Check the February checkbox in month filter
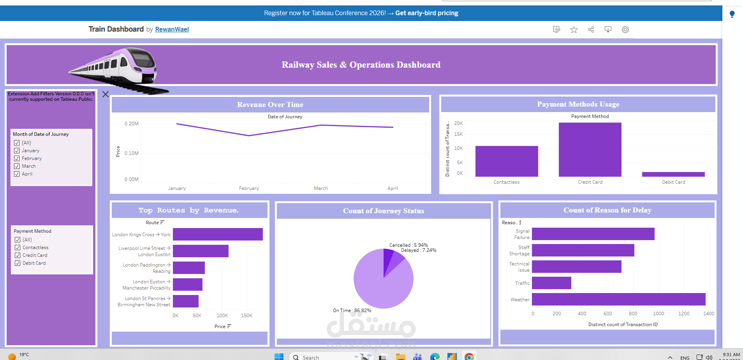(x=17, y=158)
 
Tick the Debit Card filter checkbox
(x=18, y=263)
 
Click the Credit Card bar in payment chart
(x=590, y=150)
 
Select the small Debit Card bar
(x=673, y=174)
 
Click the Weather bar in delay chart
(x=618, y=299)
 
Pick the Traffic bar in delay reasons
(x=551, y=283)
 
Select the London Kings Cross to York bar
(x=218, y=234)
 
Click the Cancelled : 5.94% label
(x=408, y=245)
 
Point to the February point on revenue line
(x=249, y=135)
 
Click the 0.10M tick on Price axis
(x=132, y=153)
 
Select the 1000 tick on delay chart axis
(x=658, y=314)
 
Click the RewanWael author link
(x=172, y=29)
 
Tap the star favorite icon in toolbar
(x=574, y=30)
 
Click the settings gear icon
(x=625, y=30)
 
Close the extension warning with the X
(x=106, y=94)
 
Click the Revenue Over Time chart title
(x=270, y=105)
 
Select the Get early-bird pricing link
(x=426, y=13)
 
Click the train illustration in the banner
(x=117, y=68)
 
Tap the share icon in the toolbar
(x=591, y=30)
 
